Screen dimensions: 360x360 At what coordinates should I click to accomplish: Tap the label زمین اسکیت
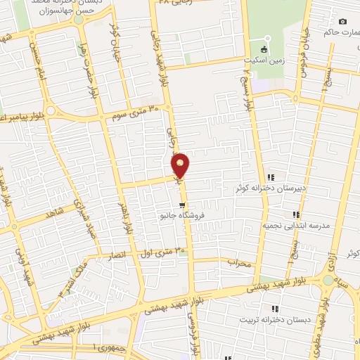263,61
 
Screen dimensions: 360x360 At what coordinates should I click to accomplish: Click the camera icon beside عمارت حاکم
342,22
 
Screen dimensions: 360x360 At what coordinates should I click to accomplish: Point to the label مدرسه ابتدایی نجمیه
296,226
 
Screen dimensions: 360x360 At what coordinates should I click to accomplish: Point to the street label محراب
239,262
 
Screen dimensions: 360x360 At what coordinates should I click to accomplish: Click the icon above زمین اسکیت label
264,49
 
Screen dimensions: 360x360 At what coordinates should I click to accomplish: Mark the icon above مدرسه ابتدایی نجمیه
296,214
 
